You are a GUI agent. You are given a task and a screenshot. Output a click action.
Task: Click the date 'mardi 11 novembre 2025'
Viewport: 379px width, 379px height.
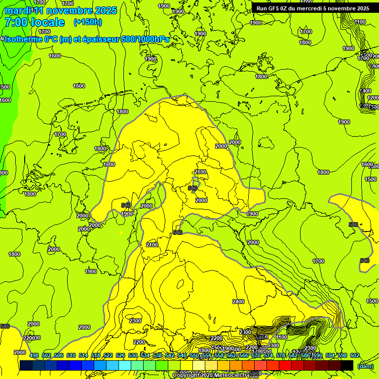pos(61,10)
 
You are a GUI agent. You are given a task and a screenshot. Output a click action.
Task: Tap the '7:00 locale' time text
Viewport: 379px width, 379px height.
pos(34,22)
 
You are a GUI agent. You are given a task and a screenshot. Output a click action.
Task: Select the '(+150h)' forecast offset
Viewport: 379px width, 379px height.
pos(88,22)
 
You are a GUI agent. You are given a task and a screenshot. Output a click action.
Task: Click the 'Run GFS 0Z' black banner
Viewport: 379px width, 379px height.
pos(313,8)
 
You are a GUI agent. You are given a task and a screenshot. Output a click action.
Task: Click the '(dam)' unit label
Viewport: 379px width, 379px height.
pos(365,366)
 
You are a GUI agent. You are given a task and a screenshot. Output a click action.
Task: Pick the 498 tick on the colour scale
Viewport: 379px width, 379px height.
pos(34,356)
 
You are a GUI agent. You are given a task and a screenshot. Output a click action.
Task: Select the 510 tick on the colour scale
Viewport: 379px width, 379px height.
pos(71,356)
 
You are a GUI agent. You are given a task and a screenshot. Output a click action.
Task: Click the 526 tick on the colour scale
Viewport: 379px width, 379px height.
pos(120,356)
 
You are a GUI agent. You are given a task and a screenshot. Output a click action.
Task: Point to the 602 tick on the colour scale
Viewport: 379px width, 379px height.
pos(355,356)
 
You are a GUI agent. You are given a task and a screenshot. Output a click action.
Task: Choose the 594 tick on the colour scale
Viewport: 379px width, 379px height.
pos(330,356)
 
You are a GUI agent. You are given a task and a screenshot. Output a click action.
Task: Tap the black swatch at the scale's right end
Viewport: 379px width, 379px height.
pos(347,365)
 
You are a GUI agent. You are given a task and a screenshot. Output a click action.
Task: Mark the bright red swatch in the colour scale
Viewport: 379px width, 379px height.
pos(285,365)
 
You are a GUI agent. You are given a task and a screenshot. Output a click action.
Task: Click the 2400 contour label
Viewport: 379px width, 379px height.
pos(238,301)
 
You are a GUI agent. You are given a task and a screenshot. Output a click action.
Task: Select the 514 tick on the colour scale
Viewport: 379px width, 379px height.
pos(83,356)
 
